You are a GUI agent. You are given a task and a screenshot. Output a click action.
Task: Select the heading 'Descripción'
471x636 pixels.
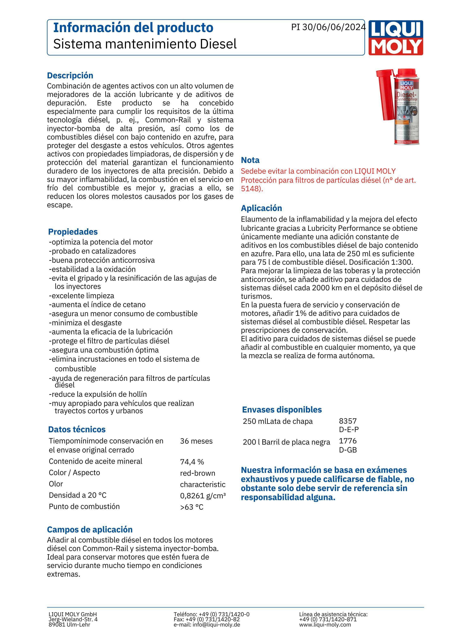[70, 76]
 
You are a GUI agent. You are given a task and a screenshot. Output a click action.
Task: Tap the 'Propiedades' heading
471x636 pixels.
[73, 232]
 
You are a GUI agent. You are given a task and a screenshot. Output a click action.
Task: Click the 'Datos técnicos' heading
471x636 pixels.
[77, 429]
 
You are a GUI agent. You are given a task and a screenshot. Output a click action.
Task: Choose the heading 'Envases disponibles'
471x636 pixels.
[282, 410]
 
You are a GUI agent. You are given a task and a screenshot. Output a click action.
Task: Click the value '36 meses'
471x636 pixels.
[196, 441]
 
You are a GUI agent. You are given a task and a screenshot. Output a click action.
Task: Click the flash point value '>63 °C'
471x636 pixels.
[192, 507]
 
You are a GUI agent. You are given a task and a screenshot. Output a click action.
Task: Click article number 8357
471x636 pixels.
[348, 421]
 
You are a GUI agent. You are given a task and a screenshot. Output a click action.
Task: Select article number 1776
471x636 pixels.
[348, 441]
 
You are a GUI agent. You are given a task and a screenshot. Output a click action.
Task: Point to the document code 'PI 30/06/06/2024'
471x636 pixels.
[328, 27]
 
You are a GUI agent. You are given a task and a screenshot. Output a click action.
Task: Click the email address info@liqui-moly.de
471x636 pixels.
[216, 625]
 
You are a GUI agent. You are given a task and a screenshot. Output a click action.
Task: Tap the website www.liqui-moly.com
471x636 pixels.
[325, 625]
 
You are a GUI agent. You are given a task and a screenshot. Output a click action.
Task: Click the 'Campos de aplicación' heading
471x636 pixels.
[90, 529]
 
